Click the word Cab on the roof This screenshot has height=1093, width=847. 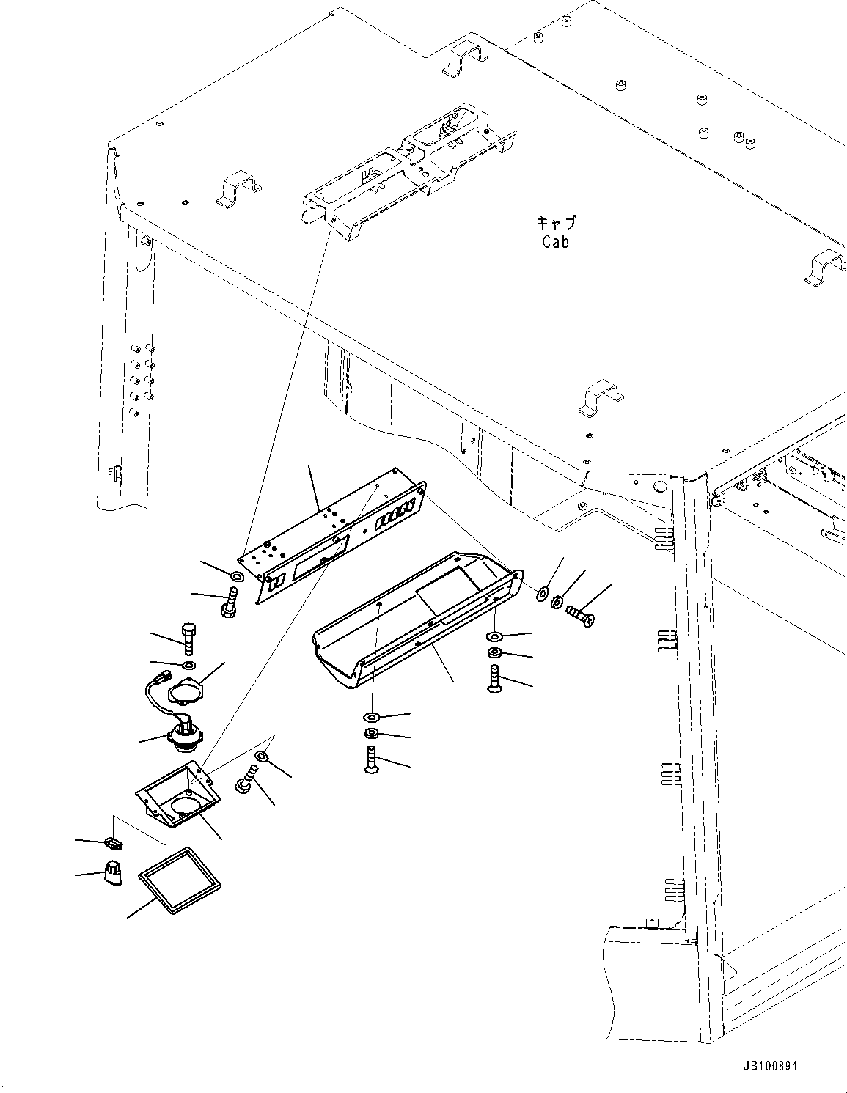click(555, 241)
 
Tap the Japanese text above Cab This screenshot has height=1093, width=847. click(556, 223)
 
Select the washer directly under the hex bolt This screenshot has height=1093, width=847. click(188, 665)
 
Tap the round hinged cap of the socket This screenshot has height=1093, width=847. click(183, 692)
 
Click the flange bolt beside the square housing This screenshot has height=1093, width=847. click(246, 779)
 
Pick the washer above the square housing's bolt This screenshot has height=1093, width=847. click(262, 756)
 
